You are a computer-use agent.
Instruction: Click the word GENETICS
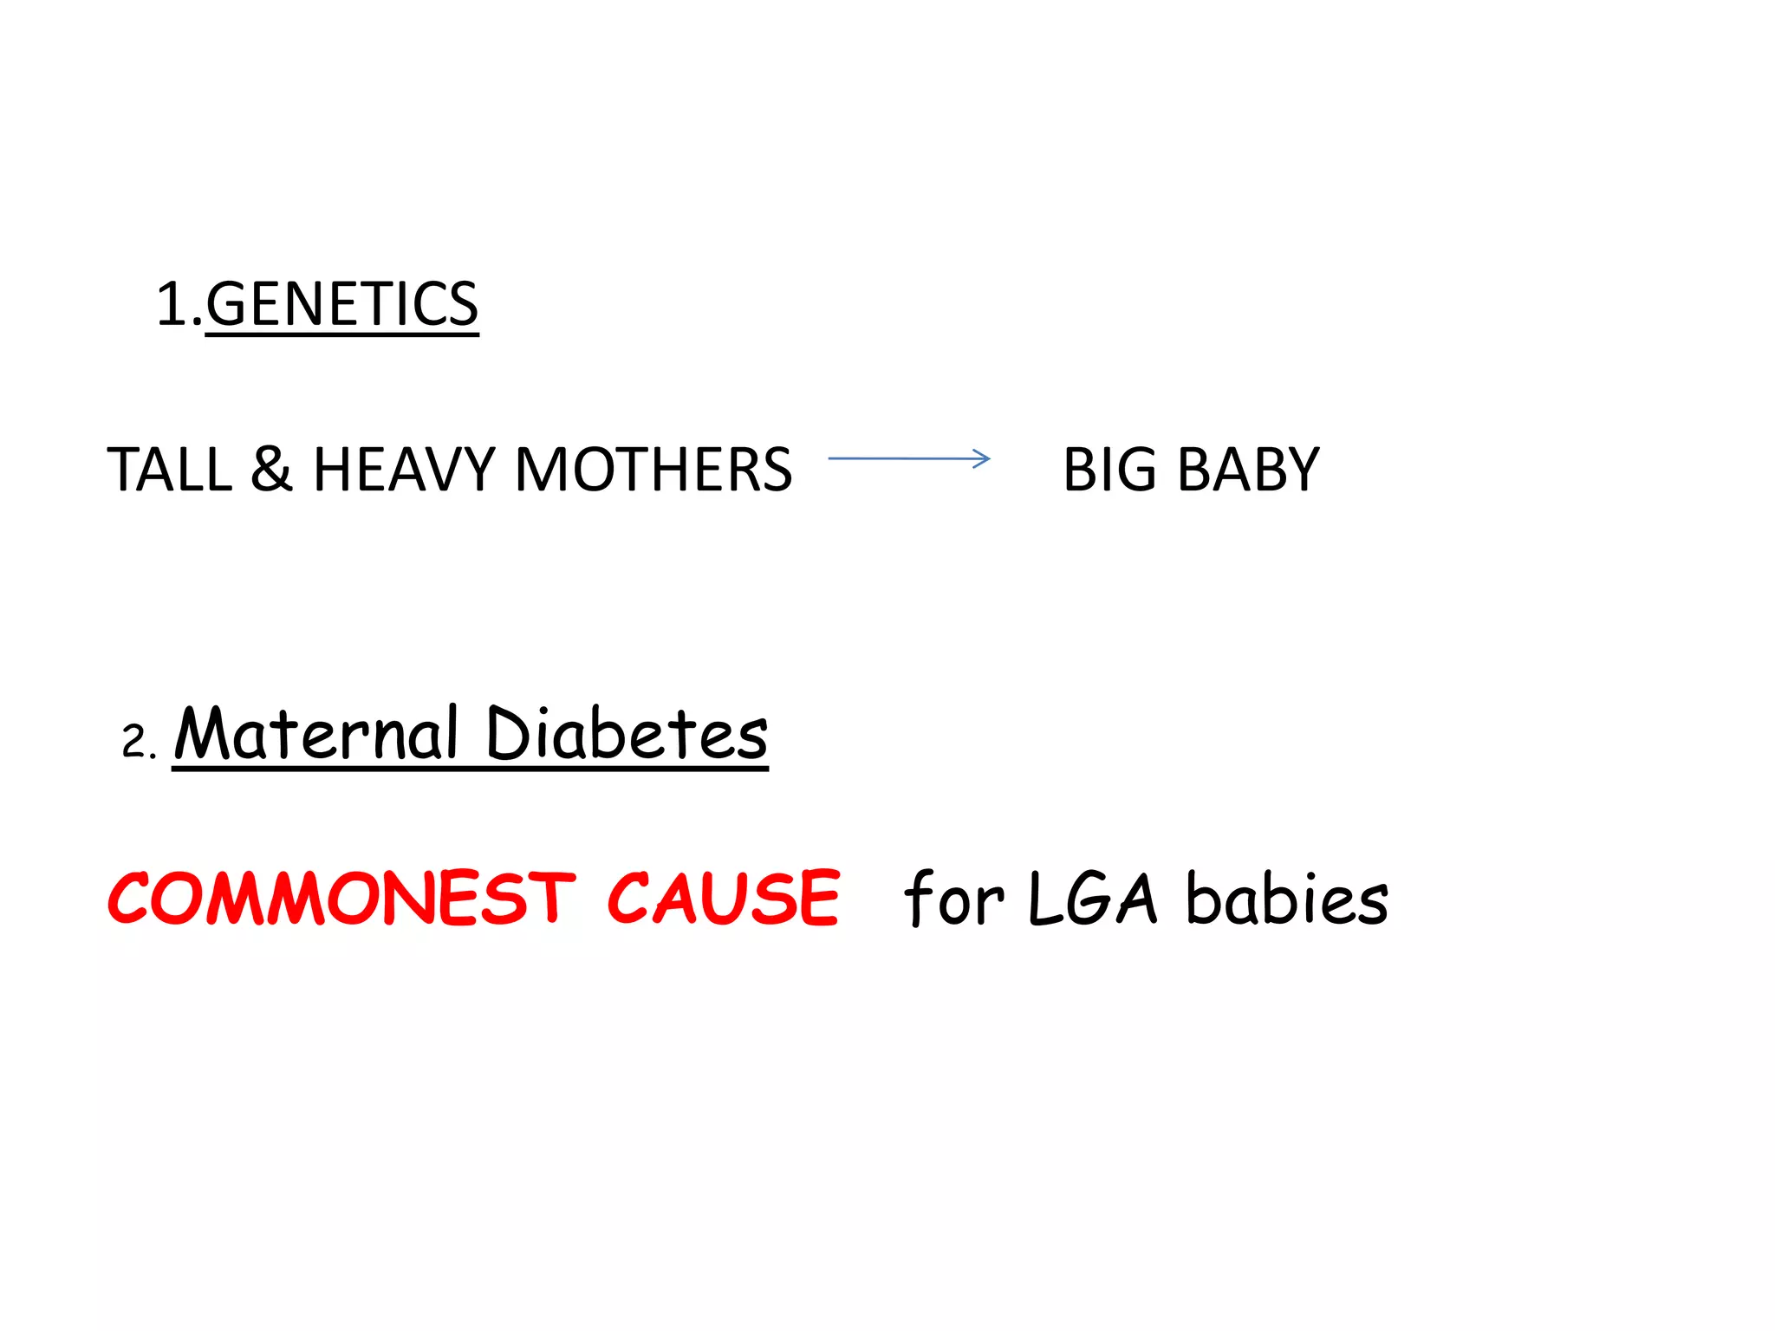pyautogui.click(x=341, y=304)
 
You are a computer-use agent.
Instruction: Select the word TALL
pyautogui.click(x=170, y=470)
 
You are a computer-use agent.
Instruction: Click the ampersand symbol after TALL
pyautogui.click(x=271, y=470)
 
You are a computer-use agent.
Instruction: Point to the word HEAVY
pyautogui.click(x=404, y=470)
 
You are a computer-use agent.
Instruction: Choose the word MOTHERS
pyautogui.click(x=653, y=470)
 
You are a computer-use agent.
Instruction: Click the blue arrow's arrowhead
pyautogui.click(x=981, y=458)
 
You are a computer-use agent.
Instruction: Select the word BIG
pyautogui.click(x=1109, y=470)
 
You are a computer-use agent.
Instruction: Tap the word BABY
pyautogui.click(x=1248, y=470)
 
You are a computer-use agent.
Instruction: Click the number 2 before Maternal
pyautogui.click(x=135, y=743)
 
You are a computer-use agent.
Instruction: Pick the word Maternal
pyautogui.click(x=315, y=734)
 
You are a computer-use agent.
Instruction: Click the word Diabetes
pyautogui.click(x=627, y=734)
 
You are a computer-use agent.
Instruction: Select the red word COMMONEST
pyautogui.click(x=341, y=899)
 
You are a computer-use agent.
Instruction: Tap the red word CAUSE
pyautogui.click(x=723, y=899)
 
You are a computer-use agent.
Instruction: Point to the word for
pyautogui.click(x=953, y=899)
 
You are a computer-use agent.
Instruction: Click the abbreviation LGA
pyautogui.click(x=1092, y=899)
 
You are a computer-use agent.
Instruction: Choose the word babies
pyautogui.click(x=1286, y=899)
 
